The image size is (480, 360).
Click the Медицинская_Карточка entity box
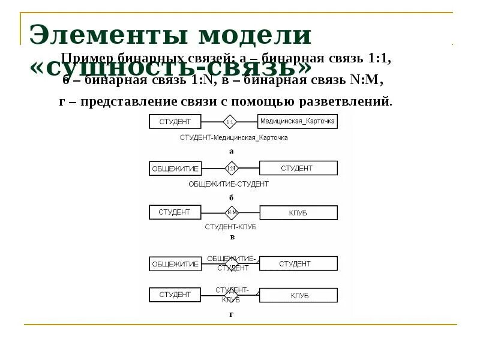tap(297, 121)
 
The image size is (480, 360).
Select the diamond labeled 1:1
tap(230, 122)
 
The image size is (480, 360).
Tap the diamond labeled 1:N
tap(232, 168)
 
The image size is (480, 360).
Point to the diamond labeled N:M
tap(232, 212)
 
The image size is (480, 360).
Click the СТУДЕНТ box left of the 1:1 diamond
tap(175, 121)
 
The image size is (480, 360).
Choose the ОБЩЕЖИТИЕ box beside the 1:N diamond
tap(175, 169)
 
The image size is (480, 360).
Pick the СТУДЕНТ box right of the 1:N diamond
tap(298, 168)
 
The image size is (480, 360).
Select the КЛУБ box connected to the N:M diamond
tap(298, 212)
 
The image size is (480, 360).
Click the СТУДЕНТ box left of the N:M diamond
tap(175, 212)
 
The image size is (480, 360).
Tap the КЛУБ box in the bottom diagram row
tap(298, 295)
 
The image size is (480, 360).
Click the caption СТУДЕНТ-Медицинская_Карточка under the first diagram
tap(234, 137)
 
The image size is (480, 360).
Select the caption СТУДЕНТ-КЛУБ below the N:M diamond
tap(231, 227)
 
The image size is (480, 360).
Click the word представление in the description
tap(120, 101)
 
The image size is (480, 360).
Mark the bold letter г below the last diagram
tap(231, 314)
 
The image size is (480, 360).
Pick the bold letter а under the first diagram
tap(231, 151)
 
